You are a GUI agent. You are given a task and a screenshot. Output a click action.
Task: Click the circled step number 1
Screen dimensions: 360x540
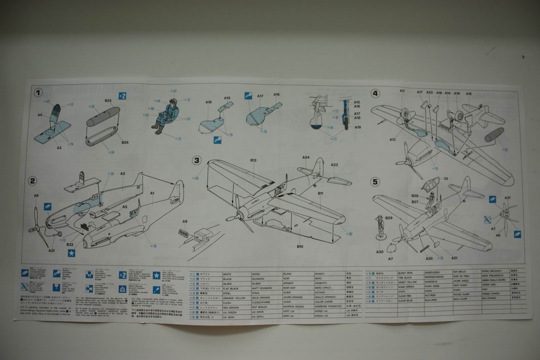tap(38, 93)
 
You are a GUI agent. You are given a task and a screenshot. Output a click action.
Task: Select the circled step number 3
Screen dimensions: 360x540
tap(197, 160)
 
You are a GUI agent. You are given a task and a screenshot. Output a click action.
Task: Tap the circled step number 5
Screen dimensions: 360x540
tap(375, 181)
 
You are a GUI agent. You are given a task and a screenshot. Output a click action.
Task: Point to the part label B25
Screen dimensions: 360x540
tap(108, 101)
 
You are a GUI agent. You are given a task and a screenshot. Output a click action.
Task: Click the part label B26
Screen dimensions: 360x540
tap(124, 142)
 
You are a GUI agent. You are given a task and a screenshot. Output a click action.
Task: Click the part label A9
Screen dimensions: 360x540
tap(185, 221)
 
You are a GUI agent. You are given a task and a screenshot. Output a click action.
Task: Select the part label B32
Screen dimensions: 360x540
tap(70, 244)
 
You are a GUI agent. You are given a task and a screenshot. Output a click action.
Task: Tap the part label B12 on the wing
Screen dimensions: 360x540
tap(253, 160)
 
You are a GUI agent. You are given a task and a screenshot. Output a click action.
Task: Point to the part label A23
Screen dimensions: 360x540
tap(334, 165)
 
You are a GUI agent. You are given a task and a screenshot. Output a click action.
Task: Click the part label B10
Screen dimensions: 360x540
tap(300, 246)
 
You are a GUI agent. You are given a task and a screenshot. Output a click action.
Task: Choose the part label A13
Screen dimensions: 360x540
tap(392, 139)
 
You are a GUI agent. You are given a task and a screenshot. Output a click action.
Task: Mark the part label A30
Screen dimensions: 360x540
tap(380, 252)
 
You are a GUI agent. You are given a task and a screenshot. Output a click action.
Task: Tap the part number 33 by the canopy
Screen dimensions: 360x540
tap(446, 178)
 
